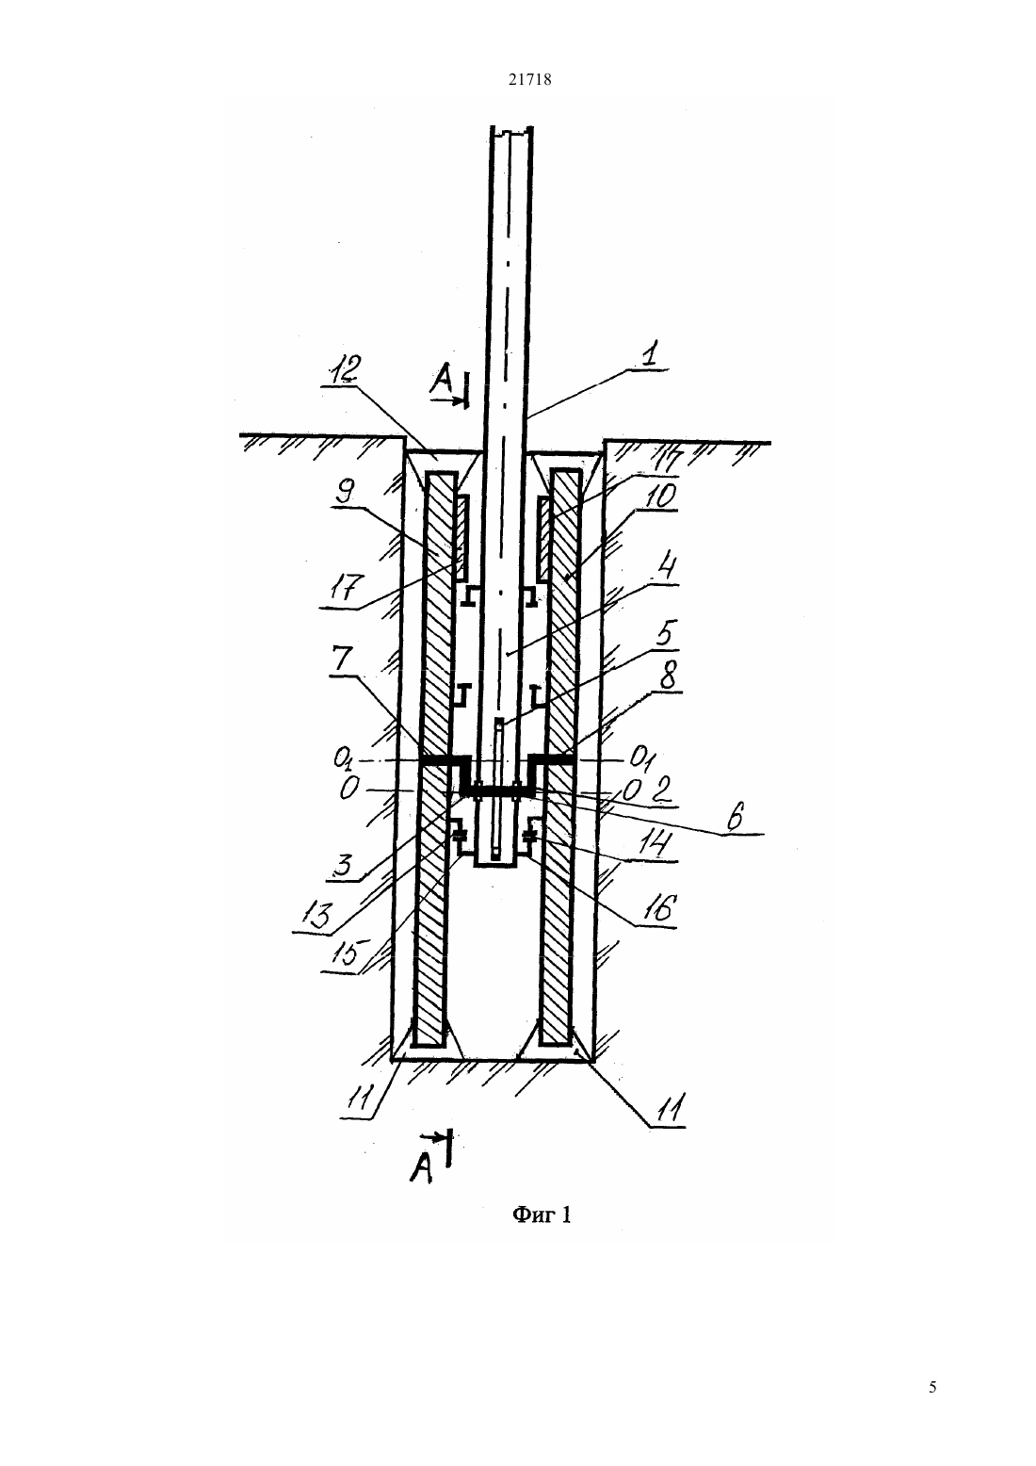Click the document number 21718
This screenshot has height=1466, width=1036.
click(x=529, y=80)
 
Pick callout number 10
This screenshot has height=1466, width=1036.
click(x=663, y=496)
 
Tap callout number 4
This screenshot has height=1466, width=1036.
click(x=667, y=570)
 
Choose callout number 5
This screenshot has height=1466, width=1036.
click(x=666, y=635)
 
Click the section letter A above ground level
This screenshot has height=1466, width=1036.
click(x=441, y=383)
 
